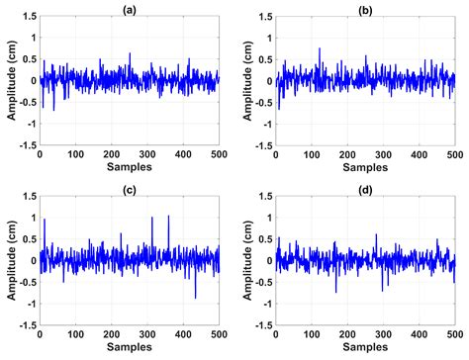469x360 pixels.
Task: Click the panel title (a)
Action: pyautogui.click(x=129, y=7)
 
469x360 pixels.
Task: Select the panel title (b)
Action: pyautogui.click(x=365, y=7)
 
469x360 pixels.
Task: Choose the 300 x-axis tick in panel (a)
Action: pyautogui.click(x=146, y=154)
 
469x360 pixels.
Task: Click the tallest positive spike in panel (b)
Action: pyautogui.click(x=320, y=48)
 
